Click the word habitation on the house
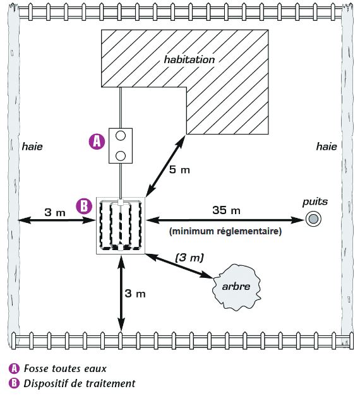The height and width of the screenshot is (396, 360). (189, 59)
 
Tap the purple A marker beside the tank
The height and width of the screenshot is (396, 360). (97, 141)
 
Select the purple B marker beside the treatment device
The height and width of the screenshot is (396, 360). (84, 206)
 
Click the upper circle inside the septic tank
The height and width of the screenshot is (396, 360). (121, 136)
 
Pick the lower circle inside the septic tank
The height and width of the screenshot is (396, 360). (121, 156)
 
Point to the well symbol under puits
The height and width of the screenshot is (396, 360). (313, 219)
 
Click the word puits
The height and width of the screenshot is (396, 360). (315, 202)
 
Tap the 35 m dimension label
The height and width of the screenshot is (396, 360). (226, 210)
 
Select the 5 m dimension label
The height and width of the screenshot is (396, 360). (179, 169)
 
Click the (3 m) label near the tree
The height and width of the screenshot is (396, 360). (189, 258)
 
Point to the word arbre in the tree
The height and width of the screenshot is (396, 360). (236, 286)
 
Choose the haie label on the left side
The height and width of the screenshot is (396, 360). (32, 147)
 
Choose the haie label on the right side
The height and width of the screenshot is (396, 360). (327, 147)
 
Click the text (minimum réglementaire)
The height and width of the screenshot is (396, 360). (225, 231)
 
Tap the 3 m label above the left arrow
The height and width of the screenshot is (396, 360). (55, 212)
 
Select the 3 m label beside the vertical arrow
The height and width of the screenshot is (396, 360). (135, 294)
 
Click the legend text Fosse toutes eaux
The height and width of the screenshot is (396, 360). (65, 368)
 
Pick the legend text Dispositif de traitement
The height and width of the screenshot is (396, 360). (80, 383)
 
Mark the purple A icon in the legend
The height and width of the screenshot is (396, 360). (14, 368)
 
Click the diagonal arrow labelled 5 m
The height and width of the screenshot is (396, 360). (165, 165)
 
